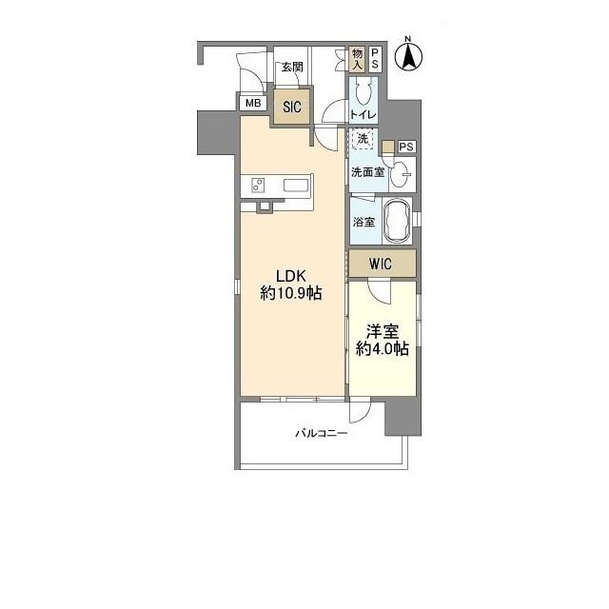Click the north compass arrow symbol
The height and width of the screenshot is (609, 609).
408,56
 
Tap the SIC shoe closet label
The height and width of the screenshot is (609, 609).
292,107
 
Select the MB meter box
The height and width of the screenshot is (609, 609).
253,104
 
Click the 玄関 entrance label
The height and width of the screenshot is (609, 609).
292,68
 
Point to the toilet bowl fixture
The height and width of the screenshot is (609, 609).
363,92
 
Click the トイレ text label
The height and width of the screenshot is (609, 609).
363,114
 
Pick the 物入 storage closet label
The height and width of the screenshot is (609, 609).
357,59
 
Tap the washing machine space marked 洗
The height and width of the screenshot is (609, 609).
363,139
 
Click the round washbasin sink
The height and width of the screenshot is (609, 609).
400,175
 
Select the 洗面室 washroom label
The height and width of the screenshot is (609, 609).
368,172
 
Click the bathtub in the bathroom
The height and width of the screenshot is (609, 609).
397,222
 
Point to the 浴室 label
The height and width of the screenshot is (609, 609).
363,222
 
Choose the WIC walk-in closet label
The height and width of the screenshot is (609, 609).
381,265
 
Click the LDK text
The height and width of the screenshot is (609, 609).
291,276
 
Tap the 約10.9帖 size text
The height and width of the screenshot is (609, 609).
291,293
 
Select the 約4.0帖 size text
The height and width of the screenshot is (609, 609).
383,349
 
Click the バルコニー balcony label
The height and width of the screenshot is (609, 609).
322,434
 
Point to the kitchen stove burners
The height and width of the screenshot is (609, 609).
258,185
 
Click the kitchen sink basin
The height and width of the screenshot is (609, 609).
296,185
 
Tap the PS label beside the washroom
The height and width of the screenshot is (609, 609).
406,147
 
